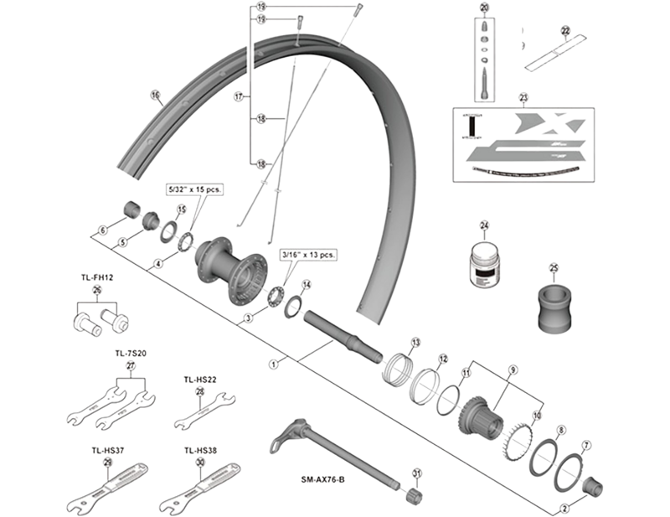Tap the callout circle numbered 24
tap(483, 225)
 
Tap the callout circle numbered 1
tap(273, 364)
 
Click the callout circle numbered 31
tap(416, 474)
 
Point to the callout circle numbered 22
tap(565, 31)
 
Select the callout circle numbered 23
tap(523, 97)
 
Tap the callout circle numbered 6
tap(102, 230)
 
